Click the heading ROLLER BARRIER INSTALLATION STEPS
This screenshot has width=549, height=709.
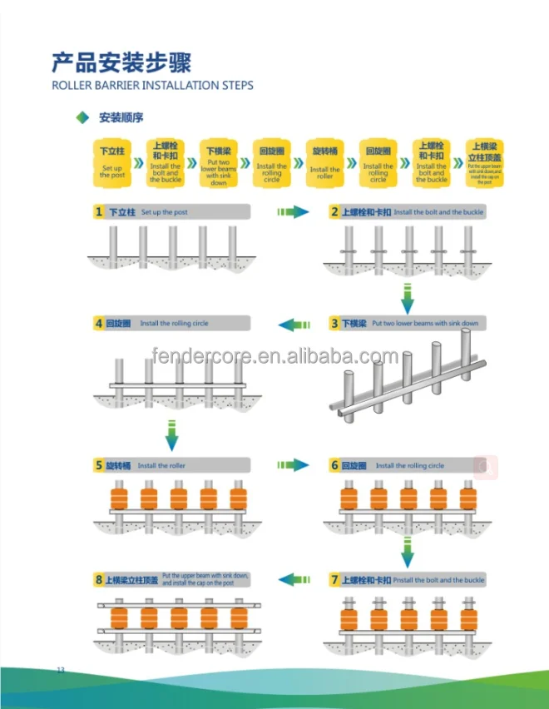tap(152, 85)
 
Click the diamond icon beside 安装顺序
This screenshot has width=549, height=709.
tap(82, 118)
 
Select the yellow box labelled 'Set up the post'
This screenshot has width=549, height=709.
tap(112, 161)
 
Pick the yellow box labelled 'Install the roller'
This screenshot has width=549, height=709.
tap(324, 161)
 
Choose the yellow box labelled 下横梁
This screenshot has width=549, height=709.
tap(218, 161)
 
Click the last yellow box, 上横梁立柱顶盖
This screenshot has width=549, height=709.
tap(485, 161)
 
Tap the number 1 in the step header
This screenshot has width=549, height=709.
tap(99, 212)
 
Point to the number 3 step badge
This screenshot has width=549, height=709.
tap(334, 323)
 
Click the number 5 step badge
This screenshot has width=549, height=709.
tap(99, 466)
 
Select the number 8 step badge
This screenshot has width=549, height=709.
tap(99, 579)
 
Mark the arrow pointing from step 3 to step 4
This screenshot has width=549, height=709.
tap(292, 324)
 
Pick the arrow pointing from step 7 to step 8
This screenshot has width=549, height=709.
tap(292, 579)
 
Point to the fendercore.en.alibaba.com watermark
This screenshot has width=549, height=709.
tap(275, 358)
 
